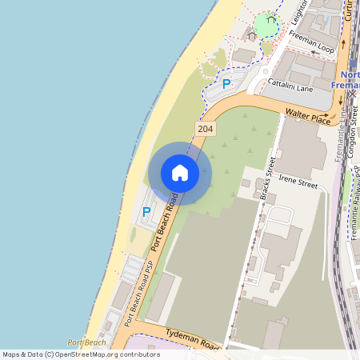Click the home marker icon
click(x=180, y=173)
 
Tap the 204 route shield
click(x=206, y=129)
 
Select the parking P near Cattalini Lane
click(x=226, y=83)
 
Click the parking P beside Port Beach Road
click(x=146, y=212)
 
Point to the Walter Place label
click(x=312, y=118)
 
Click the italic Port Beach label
click(x=86, y=342)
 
